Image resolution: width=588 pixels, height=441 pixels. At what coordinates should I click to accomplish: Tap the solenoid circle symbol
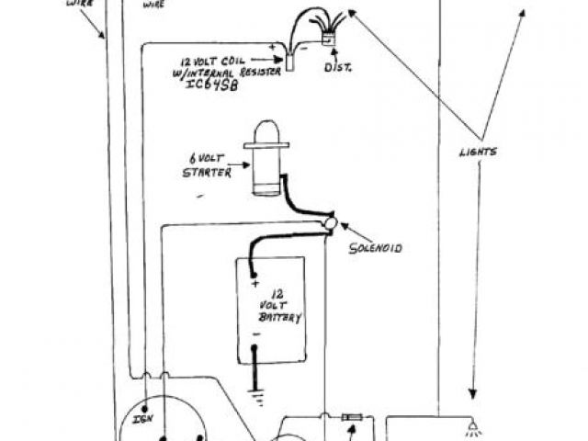[330, 223]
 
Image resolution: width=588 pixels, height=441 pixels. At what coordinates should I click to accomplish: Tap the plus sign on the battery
[254, 283]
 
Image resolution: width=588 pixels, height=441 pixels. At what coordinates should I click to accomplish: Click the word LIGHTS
[478, 152]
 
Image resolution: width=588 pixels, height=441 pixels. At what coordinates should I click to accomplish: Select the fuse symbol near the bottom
[350, 417]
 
